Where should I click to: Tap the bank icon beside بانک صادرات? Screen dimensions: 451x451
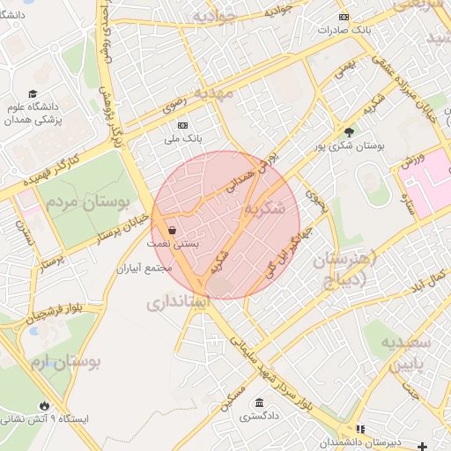pos(344,17)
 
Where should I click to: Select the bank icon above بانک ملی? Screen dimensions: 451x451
pos(183,126)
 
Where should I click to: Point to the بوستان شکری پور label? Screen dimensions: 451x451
pos(351,145)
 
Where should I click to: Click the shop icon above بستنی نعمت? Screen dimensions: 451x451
pos(170,228)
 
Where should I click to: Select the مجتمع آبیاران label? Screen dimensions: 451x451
pos(147,268)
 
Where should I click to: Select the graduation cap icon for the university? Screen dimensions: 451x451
pos(33,93)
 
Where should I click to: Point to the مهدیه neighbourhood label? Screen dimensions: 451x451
pos(215,92)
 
